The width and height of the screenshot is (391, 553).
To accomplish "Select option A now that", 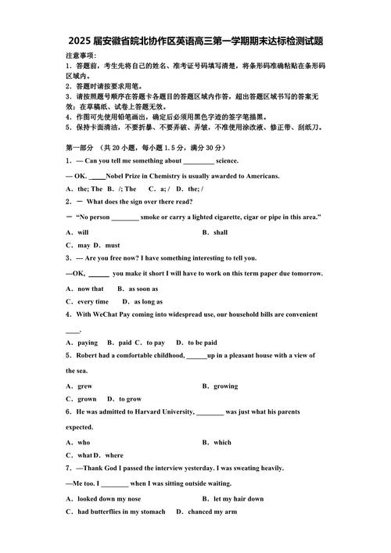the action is coord(85,289).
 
